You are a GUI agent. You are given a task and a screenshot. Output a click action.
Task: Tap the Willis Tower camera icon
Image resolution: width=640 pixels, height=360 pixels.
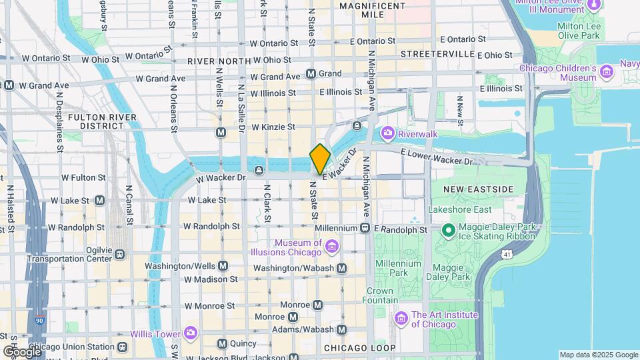(191, 332)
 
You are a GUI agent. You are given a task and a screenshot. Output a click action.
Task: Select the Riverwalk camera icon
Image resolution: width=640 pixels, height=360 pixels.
(387, 134)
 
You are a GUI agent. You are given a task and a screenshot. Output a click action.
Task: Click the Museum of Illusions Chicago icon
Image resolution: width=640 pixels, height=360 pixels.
(331, 249)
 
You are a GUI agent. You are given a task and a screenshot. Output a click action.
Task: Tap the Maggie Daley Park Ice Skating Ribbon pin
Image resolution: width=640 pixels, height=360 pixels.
(449, 231)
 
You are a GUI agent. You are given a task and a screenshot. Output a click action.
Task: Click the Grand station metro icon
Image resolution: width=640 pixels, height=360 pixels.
(311, 73)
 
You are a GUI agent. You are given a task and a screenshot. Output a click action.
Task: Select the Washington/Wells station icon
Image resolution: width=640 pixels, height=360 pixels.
(223, 265)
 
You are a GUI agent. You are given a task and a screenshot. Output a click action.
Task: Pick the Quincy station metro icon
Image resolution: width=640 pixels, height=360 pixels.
(223, 343)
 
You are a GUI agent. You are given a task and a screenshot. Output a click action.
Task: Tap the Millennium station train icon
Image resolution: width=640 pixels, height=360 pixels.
(365, 228)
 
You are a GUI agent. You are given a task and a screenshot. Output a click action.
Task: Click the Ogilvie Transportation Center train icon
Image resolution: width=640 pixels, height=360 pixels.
(119, 254)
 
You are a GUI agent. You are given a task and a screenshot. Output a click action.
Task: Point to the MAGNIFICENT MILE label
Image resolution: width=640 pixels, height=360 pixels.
(372, 10)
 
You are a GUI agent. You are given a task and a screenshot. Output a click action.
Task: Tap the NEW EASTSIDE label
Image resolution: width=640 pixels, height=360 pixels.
(479, 189)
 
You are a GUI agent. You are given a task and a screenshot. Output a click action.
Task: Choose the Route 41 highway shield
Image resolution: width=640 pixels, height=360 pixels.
(508, 254)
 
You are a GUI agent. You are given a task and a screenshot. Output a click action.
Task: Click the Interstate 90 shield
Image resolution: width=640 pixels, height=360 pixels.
(40, 321)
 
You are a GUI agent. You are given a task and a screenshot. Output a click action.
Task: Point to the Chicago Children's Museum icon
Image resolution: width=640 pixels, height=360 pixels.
(606, 71)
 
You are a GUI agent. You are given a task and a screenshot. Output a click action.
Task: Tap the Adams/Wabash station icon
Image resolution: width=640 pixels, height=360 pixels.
(342, 329)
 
